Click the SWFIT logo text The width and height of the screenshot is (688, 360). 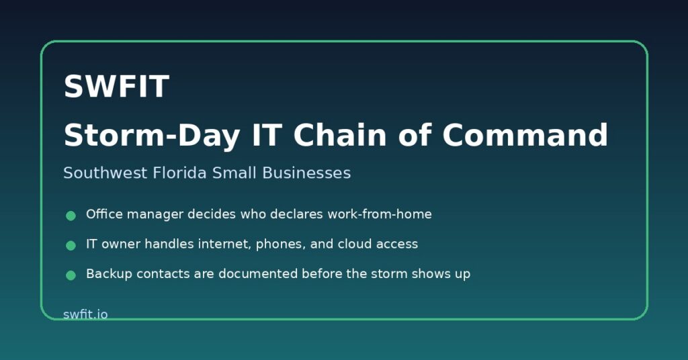[116, 86]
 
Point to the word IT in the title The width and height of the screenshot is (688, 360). [266, 135]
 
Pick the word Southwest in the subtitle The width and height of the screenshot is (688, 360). [105, 173]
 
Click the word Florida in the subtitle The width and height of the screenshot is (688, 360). [179, 173]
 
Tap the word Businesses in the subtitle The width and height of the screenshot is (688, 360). [306, 173]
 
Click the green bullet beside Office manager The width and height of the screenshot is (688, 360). [71, 216]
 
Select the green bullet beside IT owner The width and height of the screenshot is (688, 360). [71, 246]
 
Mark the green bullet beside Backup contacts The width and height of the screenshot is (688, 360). [71, 275]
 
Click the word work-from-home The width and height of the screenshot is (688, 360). [380, 214]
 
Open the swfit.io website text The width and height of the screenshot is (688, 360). [85, 314]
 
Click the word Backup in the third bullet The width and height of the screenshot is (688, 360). [110, 274]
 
